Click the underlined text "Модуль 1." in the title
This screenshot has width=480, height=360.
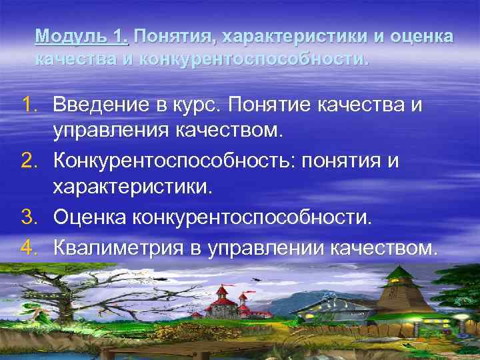[81, 36]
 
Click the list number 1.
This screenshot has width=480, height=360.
[30, 105]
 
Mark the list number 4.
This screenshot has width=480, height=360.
[30, 248]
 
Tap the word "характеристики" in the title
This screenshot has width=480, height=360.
[294, 36]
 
